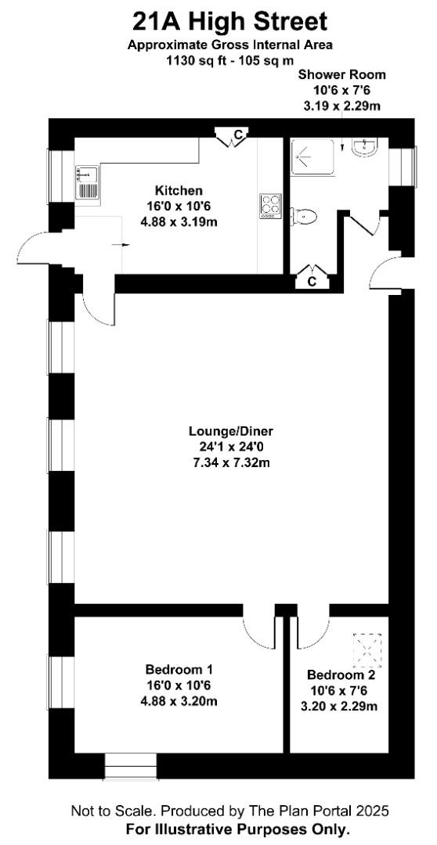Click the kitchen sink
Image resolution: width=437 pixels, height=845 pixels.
(x=88, y=182)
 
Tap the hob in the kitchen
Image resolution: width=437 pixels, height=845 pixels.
(x=270, y=206)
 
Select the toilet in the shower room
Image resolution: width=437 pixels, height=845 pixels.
(x=303, y=217)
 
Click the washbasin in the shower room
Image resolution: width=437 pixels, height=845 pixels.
(x=367, y=146)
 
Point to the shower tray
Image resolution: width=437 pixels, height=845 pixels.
(x=312, y=156)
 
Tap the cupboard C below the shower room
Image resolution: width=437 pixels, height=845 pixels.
(x=312, y=278)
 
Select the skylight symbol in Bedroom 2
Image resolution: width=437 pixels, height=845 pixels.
(x=367, y=649)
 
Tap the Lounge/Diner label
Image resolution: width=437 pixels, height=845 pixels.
(x=232, y=431)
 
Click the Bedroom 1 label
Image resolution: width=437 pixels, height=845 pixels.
(x=179, y=670)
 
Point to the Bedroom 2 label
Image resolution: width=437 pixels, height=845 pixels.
(x=340, y=674)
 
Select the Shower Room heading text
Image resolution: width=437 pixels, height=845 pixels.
(x=342, y=74)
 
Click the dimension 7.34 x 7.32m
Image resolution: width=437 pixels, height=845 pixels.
(x=232, y=462)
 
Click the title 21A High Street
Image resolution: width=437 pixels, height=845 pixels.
(x=229, y=23)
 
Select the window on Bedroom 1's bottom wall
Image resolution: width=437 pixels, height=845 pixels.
(x=130, y=766)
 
